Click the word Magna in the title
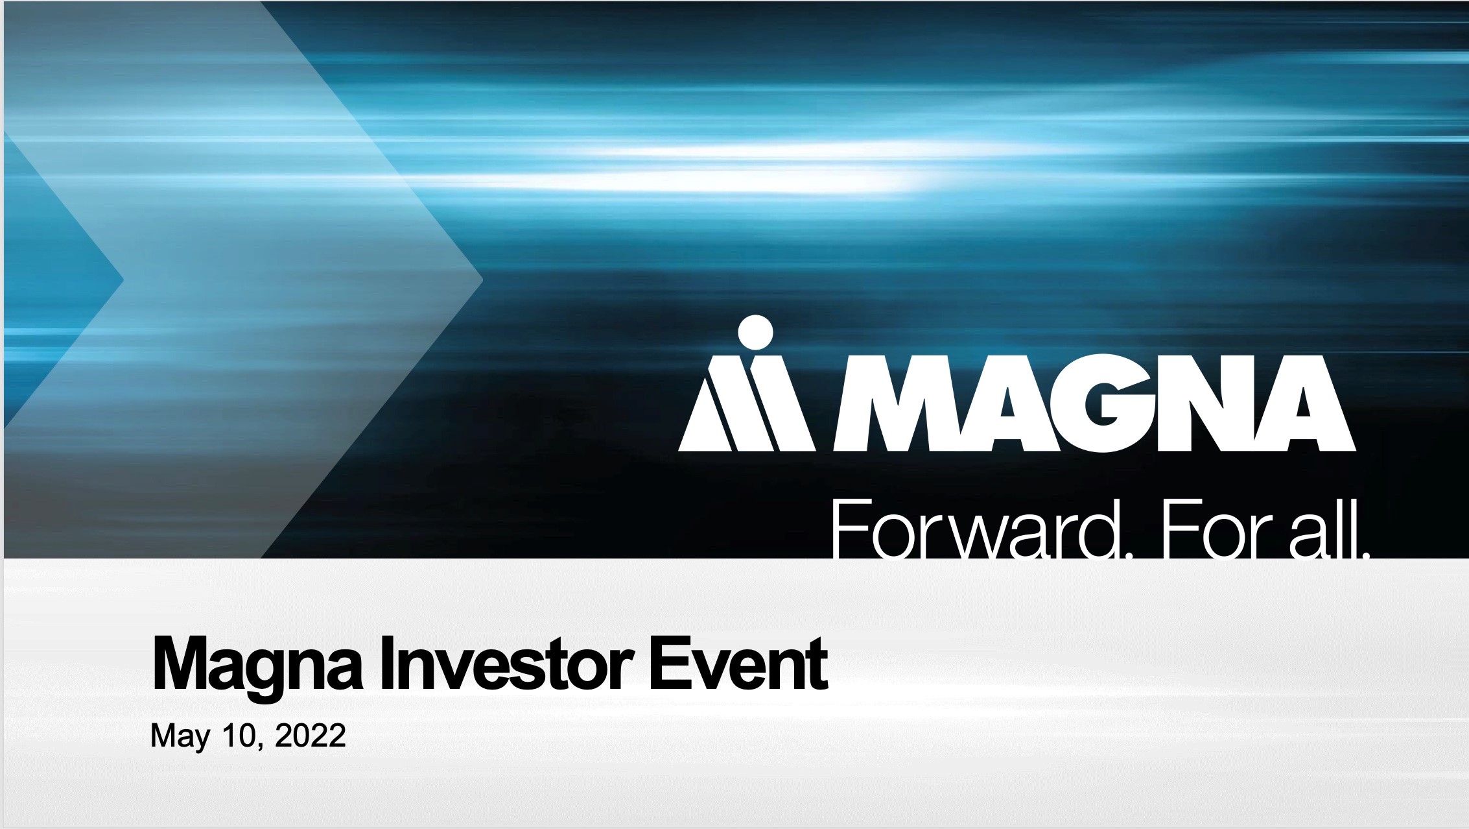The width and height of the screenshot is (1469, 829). coord(256,666)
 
